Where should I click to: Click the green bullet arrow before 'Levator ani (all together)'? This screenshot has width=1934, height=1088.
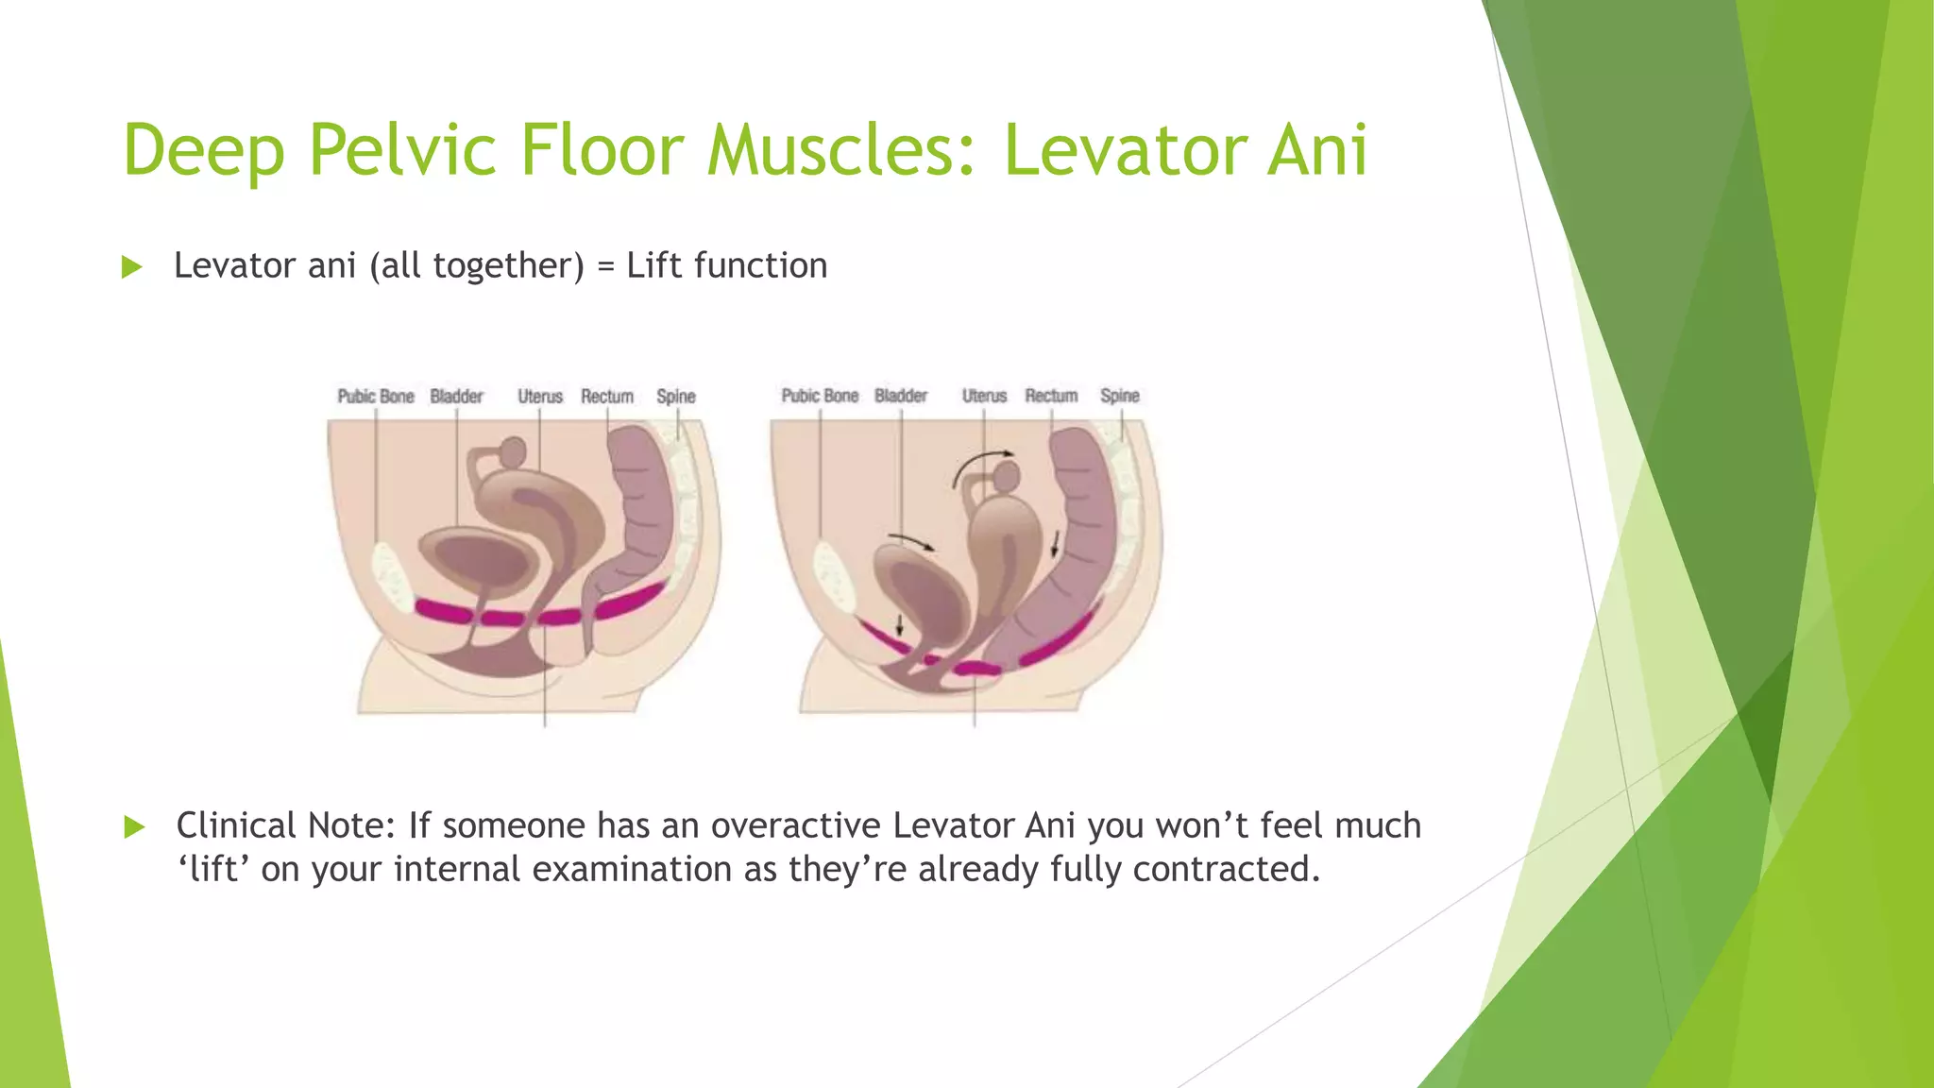pos(132,267)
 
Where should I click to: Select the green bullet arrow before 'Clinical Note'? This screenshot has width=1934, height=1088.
pos(134,827)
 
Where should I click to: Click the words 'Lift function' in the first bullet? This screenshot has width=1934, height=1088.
pos(726,265)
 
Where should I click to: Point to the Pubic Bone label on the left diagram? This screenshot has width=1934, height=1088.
pos(376,396)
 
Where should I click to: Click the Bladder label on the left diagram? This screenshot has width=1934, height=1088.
pos(456,396)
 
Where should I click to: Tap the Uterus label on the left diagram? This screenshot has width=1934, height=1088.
pos(539,396)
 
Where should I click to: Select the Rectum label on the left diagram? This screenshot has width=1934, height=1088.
pos(606,396)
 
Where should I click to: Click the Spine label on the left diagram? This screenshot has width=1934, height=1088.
pos(675,396)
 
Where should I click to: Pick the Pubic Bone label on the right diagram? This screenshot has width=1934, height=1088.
pos(820,395)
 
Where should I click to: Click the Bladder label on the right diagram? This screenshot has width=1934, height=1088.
pos(900,395)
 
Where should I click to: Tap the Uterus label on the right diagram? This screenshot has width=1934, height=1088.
pos(984,395)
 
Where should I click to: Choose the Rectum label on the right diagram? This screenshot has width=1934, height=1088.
pos(1051,395)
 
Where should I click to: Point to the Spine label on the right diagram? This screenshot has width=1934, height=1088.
pos(1119,395)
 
